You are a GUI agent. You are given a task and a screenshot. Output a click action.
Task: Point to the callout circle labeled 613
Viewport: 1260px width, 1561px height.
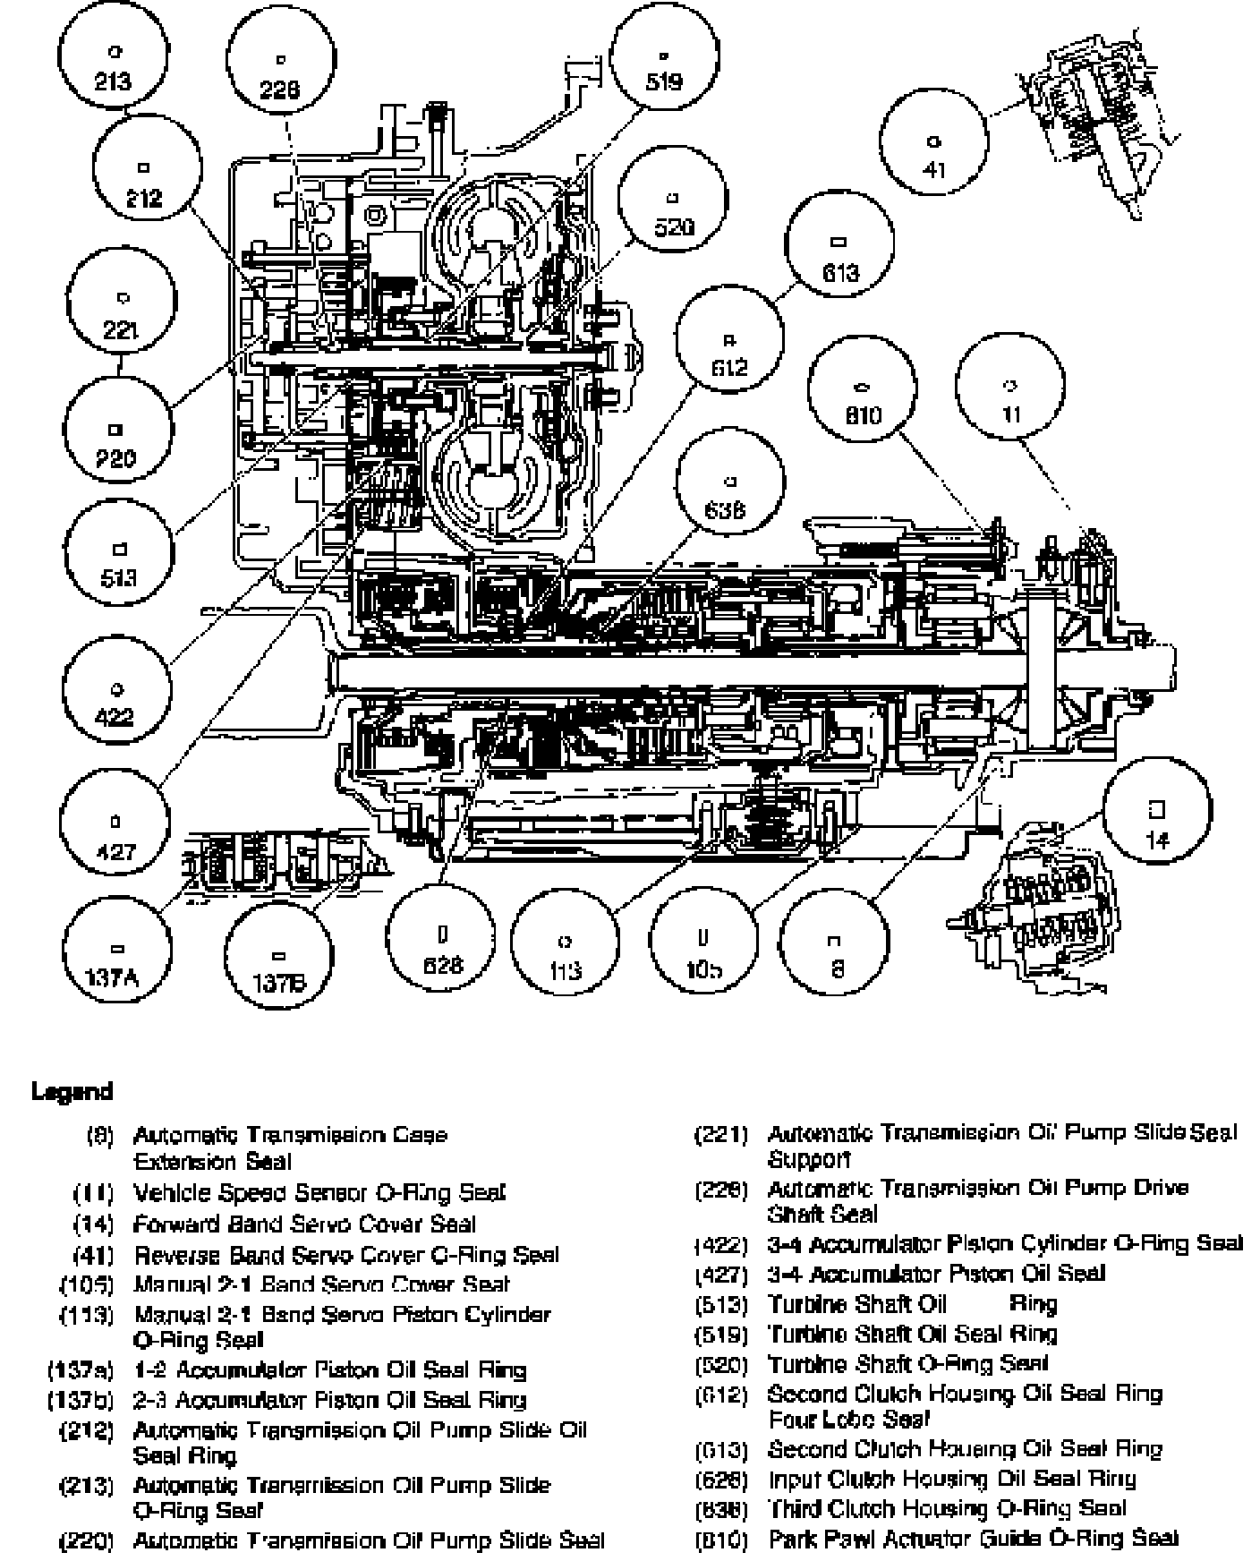pyautogui.click(x=839, y=258)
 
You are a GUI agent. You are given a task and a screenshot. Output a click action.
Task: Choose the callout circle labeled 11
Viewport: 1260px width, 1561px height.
pyautogui.click(x=1010, y=399)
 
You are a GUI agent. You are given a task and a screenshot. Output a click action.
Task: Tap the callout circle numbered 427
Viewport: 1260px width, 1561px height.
pyautogui.click(x=115, y=835)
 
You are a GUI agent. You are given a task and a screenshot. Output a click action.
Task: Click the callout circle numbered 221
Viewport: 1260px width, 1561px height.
pyautogui.click(x=122, y=312)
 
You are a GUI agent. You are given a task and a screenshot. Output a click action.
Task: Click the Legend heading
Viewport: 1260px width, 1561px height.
pyautogui.click(x=72, y=1091)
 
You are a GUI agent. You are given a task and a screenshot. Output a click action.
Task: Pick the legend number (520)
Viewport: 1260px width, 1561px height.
pyautogui.click(x=721, y=1365)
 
